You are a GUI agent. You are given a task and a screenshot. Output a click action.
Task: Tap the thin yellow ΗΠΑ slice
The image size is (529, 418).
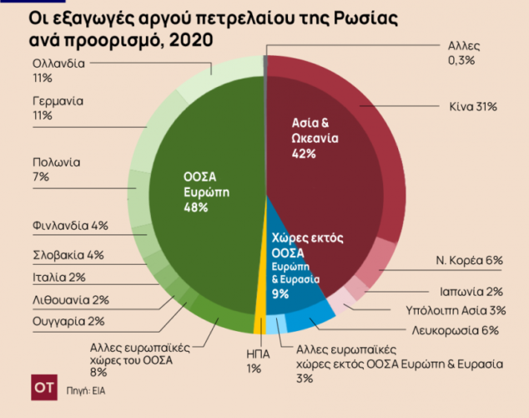coord(260,309)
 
